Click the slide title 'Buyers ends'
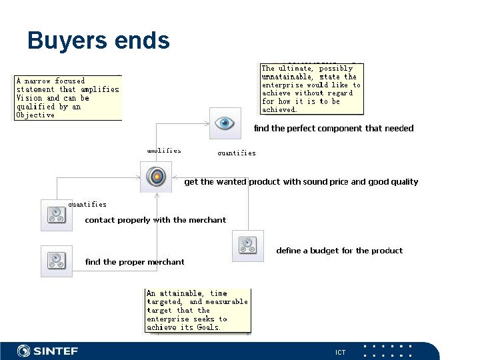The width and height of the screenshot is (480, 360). tap(98, 41)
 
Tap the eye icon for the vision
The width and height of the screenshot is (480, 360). tap(225, 123)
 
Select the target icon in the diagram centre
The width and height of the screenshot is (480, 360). tap(156, 177)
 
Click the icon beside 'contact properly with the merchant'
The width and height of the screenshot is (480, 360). tap(57, 215)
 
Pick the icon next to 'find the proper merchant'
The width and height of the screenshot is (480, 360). tap(57, 261)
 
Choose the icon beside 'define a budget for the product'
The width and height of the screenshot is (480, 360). tap(247, 246)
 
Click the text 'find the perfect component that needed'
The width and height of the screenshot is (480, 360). tap(333, 128)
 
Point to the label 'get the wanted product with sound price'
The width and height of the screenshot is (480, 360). tap(301, 181)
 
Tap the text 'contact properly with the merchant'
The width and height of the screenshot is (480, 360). tap(155, 220)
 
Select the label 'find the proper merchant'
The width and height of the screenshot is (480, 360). tap(135, 262)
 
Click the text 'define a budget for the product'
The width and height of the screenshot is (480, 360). tap(339, 251)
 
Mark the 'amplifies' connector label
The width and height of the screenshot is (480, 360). tap(164, 151)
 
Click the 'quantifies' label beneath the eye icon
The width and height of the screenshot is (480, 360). tap(237, 153)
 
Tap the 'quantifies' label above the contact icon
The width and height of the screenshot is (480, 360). tap(87, 205)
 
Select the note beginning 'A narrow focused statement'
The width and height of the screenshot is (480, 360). tap(68, 97)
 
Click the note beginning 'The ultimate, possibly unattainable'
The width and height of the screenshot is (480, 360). tap(311, 89)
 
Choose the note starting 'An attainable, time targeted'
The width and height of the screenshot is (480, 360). tap(197, 310)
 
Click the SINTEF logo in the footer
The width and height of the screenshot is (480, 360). tap(47, 351)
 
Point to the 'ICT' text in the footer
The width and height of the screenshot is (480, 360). tap(340, 352)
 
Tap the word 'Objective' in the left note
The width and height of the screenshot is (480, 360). tap(35, 115)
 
